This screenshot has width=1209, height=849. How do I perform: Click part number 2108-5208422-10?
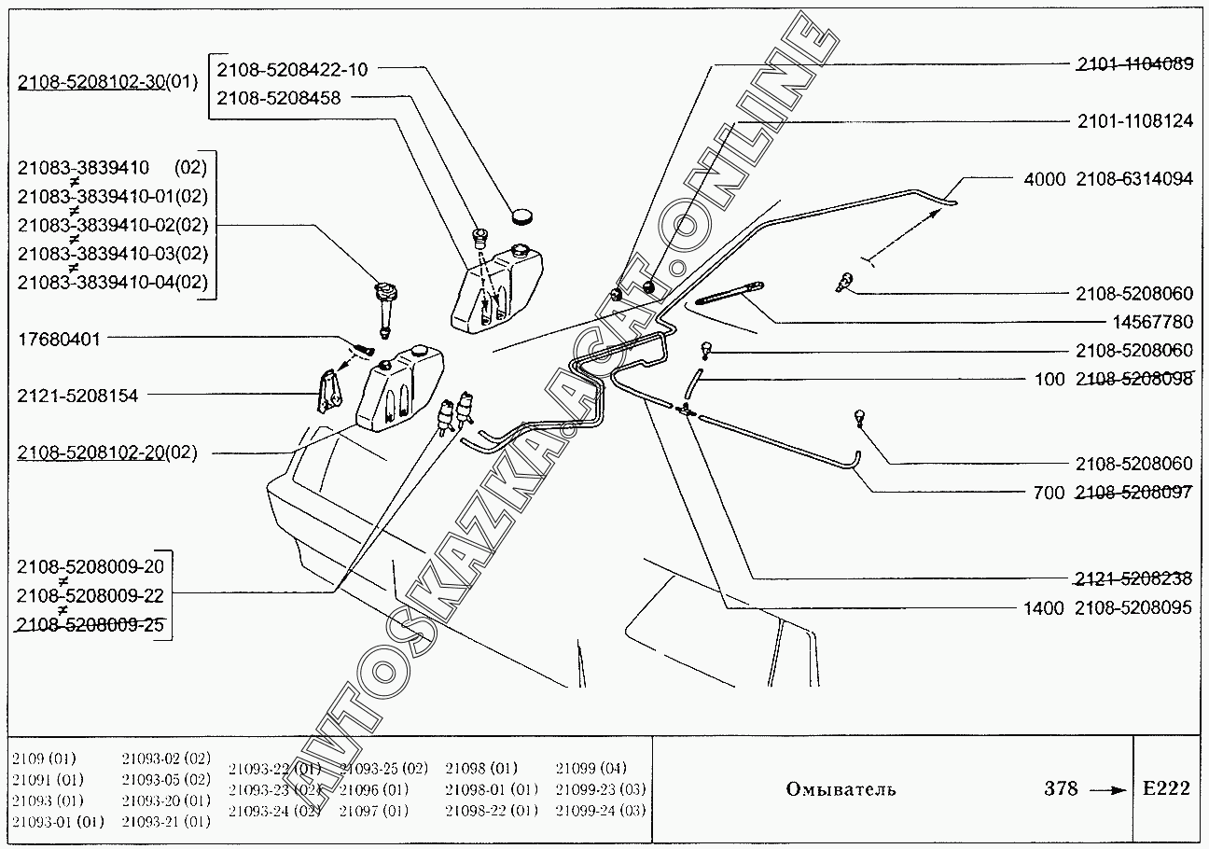[292, 69]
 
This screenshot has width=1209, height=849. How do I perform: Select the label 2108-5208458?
[279, 97]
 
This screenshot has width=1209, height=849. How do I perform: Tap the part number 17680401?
[58, 339]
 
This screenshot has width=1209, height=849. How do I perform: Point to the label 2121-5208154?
[77, 396]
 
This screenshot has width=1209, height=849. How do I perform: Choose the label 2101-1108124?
[1134, 121]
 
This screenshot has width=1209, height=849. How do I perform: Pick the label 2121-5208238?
[1133, 578]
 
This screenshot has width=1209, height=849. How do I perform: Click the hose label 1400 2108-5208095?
[1107, 608]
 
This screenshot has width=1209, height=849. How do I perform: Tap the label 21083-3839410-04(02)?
[113, 282]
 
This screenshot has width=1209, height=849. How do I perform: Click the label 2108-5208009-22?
[90, 595]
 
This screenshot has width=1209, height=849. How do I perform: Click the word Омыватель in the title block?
[841, 789]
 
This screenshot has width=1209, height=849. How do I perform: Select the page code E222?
[1166, 788]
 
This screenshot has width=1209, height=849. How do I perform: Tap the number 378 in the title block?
[1061, 788]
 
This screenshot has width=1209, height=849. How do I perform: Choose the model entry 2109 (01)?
[45, 758]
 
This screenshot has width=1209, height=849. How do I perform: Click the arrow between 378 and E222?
[1108, 790]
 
